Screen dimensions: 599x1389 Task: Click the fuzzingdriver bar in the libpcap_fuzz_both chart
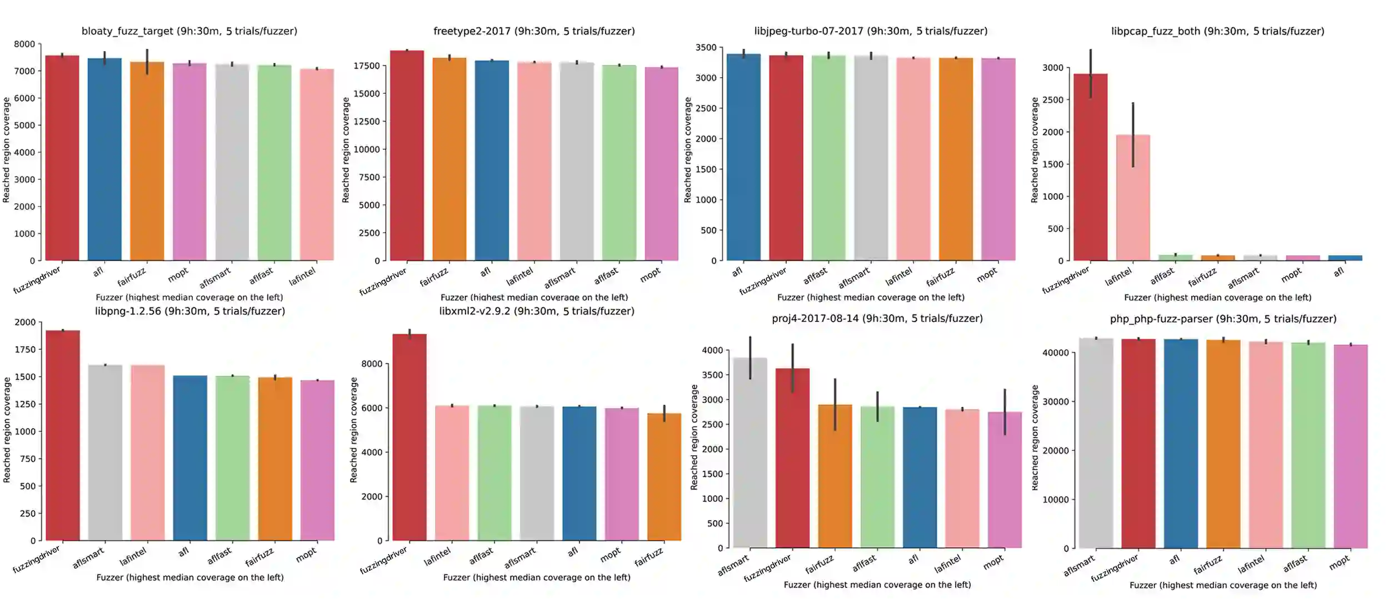pyautogui.click(x=1090, y=167)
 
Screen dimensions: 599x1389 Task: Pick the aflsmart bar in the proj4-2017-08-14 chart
pyautogui.click(x=750, y=452)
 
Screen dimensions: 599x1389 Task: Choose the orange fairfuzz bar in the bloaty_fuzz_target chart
pyautogui.click(x=147, y=161)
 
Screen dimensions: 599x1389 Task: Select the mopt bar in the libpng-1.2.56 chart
pyautogui.click(x=317, y=460)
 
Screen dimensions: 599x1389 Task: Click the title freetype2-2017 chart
pyautogui.click(x=534, y=31)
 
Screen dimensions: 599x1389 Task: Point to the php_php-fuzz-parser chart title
pyautogui.click(x=1223, y=319)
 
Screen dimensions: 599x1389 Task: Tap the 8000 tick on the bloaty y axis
pyautogui.click(x=24, y=44)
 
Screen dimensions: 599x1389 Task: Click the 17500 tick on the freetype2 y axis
pyautogui.click(x=367, y=66)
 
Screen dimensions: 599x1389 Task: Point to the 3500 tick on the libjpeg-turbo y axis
pyautogui.click(x=706, y=48)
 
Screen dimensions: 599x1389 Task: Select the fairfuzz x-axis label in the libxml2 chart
pyautogui.click(x=649, y=557)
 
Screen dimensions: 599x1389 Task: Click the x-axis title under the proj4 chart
pyautogui.click(x=877, y=585)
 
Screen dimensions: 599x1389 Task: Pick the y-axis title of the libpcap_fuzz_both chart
pyautogui.click(x=1034, y=150)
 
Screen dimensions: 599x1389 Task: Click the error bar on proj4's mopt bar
pyautogui.click(x=1005, y=411)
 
